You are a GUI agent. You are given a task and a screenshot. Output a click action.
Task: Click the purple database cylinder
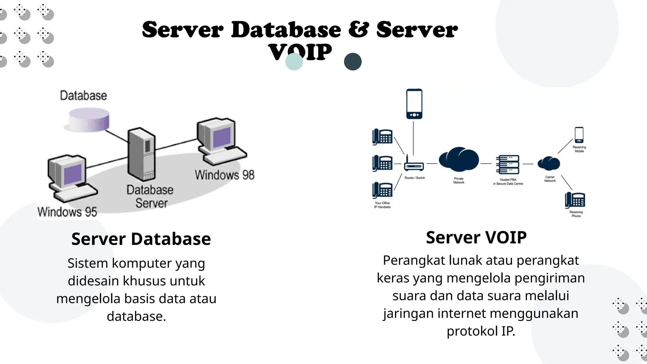pos(89,120)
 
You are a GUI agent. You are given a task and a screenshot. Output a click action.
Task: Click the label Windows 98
pos(224,175)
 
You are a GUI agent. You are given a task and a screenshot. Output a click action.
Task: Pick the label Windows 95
pos(67,212)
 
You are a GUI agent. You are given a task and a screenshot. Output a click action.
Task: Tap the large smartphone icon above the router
pos(414,104)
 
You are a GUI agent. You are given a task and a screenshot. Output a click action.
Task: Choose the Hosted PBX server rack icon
pos(507,164)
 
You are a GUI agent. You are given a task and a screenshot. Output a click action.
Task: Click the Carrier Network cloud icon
pos(549,163)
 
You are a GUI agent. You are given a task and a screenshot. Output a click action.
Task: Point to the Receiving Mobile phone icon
pos(579,135)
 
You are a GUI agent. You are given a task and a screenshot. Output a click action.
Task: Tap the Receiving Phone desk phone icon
pos(575,200)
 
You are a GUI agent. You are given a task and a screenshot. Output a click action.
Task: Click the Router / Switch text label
pos(414,178)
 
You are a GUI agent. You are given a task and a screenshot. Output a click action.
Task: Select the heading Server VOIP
pos(476,237)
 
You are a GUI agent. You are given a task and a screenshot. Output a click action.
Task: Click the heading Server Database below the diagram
pos(141,239)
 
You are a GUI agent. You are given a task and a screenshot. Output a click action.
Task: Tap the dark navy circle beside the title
pos(353,62)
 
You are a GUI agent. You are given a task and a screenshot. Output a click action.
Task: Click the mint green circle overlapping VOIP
pos(294,62)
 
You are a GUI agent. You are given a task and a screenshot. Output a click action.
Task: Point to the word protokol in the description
pos(472,331)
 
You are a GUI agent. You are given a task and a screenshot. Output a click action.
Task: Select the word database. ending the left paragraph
pos(136,316)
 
